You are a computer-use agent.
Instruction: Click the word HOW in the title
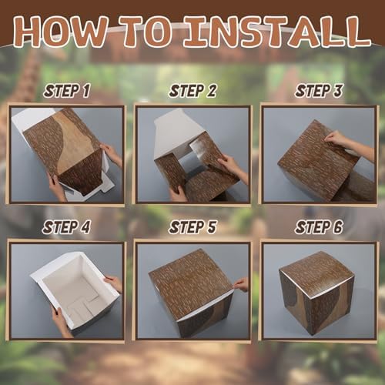60,32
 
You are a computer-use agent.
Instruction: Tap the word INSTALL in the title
276,32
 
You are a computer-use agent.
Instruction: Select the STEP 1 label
67,91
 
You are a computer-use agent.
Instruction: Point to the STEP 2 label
192,91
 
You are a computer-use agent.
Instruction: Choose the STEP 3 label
319,91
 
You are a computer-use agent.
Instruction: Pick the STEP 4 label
66,227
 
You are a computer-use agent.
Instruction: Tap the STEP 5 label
192,227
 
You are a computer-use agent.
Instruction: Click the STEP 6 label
319,227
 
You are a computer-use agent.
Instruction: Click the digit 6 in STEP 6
338,227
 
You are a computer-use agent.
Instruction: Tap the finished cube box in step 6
316,293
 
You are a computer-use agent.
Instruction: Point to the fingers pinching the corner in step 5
241,284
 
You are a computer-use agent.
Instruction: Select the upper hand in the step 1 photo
112,155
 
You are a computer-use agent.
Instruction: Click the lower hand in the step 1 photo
58,187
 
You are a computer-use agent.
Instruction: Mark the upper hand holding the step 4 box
114,283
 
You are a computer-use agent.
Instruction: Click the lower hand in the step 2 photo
178,193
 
